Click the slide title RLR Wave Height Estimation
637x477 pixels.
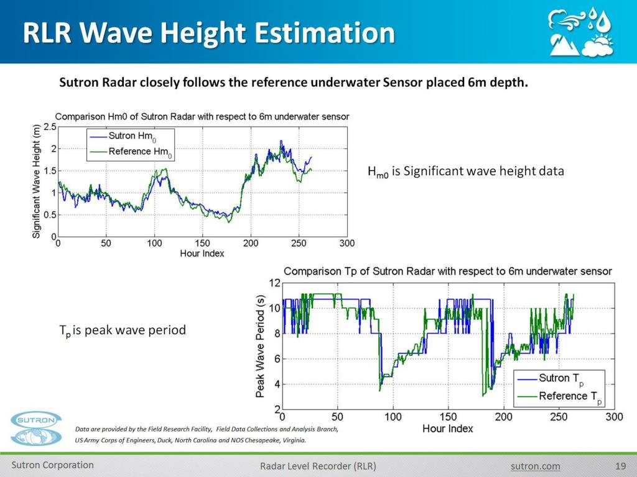208,32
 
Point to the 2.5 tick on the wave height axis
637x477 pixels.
49,127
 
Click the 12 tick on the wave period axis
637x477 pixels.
273,283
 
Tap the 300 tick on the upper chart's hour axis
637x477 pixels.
346,243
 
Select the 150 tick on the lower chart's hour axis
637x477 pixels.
448,417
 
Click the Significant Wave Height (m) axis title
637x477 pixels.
37,181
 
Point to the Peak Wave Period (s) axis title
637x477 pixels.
260,346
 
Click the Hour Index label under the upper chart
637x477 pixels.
202,253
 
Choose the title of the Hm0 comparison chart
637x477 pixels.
202,116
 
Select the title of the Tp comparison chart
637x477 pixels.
448,271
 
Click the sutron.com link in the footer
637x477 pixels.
535,466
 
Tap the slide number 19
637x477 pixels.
620,466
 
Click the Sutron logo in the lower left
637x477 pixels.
36,428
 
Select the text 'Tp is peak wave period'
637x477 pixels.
123,330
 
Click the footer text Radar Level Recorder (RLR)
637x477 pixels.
318,466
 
